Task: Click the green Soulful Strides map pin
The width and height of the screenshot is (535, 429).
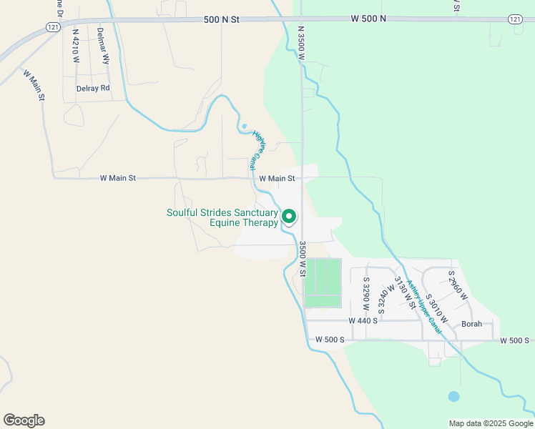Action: tap(289, 214)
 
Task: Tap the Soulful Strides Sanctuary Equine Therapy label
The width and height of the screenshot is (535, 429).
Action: tap(222, 218)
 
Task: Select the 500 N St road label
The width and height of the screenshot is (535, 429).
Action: tap(221, 21)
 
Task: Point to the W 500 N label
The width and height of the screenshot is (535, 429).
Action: tap(368, 18)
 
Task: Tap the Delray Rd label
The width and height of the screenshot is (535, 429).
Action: tap(93, 88)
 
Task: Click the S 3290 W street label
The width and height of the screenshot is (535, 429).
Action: tap(366, 292)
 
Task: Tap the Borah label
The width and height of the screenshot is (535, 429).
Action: tap(471, 324)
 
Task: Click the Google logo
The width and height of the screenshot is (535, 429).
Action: tap(24, 420)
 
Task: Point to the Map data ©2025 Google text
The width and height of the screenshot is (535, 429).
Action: tap(490, 423)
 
